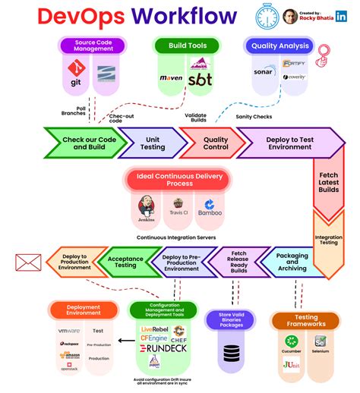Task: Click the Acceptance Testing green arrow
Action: click(x=125, y=262)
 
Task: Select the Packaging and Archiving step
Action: click(x=291, y=262)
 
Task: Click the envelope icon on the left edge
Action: click(x=28, y=263)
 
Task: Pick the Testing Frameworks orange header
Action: click(x=305, y=319)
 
